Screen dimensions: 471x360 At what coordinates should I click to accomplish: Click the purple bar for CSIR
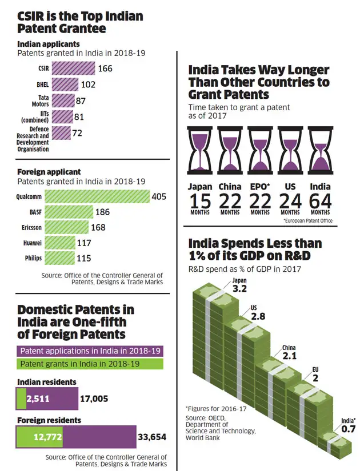click(73, 69)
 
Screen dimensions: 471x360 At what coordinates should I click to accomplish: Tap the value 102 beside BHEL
click(87, 84)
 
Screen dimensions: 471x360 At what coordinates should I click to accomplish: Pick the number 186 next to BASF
click(103, 212)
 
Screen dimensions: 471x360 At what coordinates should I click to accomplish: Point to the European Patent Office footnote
click(307, 221)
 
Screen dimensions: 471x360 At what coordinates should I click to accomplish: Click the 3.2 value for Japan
click(239, 289)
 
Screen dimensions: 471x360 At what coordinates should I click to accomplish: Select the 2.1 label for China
click(289, 356)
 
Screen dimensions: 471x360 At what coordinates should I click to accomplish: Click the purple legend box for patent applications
click(91, 351)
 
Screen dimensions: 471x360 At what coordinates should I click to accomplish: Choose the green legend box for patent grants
click(91, 364)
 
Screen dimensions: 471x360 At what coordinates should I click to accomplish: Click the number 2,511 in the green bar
click(38, 399)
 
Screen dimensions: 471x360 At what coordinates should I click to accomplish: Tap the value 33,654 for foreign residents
click(151, 437)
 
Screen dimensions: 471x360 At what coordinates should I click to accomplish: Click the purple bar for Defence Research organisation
click(60, 134)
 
